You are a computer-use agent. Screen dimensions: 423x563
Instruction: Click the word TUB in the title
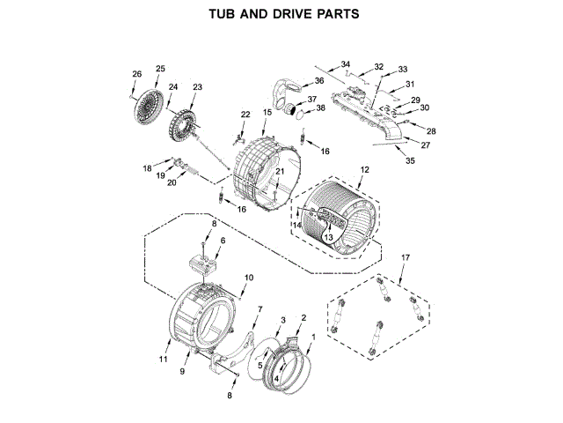point(223,14)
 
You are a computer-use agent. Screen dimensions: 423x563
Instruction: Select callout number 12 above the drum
point(364,169)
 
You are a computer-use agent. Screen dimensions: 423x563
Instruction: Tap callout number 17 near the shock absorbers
point(405,257)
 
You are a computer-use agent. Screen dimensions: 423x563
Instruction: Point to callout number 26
point(136,73)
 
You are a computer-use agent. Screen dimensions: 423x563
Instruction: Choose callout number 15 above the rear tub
point(267,113)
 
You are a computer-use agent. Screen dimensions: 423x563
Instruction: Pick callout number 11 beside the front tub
point(163,359)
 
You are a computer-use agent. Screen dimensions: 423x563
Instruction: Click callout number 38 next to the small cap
point(320,108)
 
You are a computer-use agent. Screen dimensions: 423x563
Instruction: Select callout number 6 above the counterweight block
point(223,241)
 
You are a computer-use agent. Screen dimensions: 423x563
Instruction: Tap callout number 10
point(248,278)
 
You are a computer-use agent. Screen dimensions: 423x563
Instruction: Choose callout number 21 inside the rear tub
point(280,171)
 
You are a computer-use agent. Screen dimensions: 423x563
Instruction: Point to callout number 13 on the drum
point(327,237)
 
